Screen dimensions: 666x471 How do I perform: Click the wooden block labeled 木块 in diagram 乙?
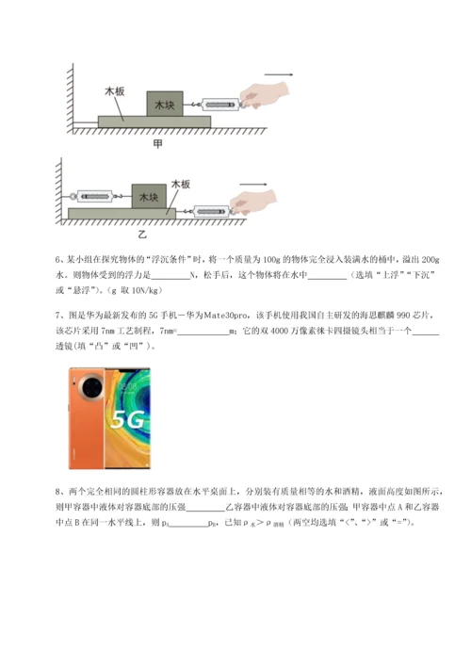point(149,197)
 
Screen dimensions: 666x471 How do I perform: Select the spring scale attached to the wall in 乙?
point(100,196)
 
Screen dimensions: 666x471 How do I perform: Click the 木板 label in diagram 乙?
point(182,187)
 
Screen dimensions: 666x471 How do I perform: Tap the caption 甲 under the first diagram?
point(156,143)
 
